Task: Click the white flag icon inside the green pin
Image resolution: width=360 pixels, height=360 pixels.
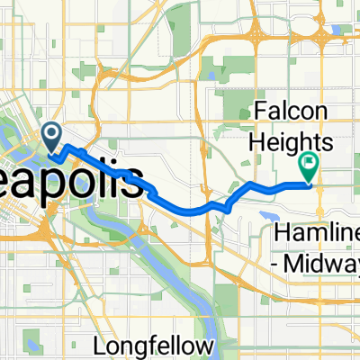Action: [x=310, y=163]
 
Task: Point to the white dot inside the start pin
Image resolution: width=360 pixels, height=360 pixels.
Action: [x=51, y=136]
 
